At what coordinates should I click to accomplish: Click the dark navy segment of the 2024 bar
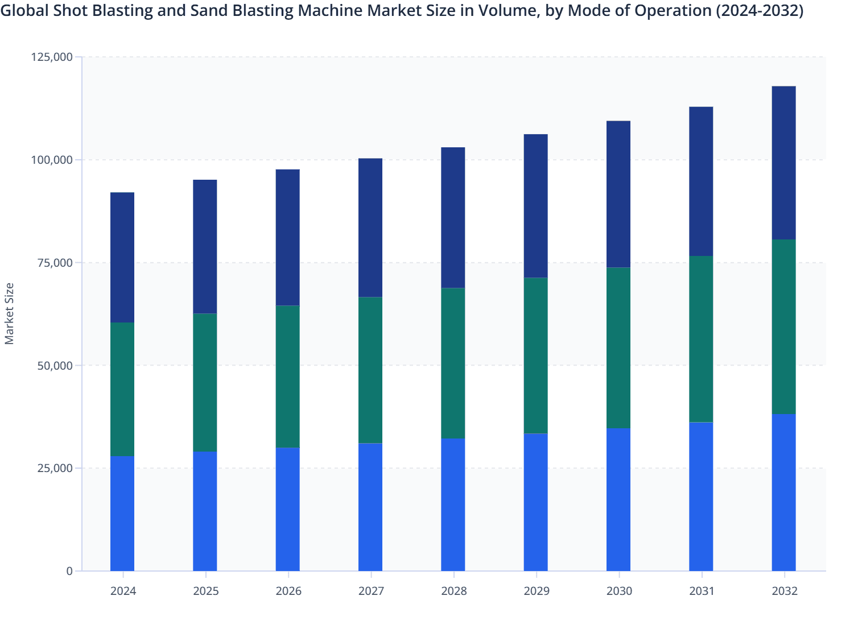pyautogui.click(x=122, y=258)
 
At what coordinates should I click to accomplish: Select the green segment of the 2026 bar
pyautogui.click(x=288, y=377)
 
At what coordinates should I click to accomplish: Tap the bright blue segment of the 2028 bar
pyautogui.click(x=453, y=504)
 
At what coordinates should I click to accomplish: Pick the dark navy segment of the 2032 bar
pyautogui.click(x=783, y=163)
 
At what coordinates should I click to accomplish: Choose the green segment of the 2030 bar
pyautogui.click(x=618, y=348)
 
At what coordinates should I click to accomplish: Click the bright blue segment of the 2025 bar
pyautogui.click(x=205, y=511)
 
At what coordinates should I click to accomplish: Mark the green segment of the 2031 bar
pyautogui.click(x=701, y=339)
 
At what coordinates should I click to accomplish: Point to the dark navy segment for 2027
pyautogui.click(x=370, y=227)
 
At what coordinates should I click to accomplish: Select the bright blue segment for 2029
pyautogui.click(x=535, y=502)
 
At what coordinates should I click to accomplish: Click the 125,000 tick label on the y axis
pyautogui.click(x=52, y=57)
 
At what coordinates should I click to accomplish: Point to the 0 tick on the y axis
pyautogui.click(x=69, y=571)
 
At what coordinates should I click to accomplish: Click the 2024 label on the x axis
pyautogui.click(x=123, y=591)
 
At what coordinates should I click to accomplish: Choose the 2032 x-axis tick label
pyautogui.click(x=785, y=591)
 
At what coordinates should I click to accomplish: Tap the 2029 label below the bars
pyautogui.click(x=537, y=591)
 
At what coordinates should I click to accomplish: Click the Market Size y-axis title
pyautogui.click(x=9, y=313)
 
